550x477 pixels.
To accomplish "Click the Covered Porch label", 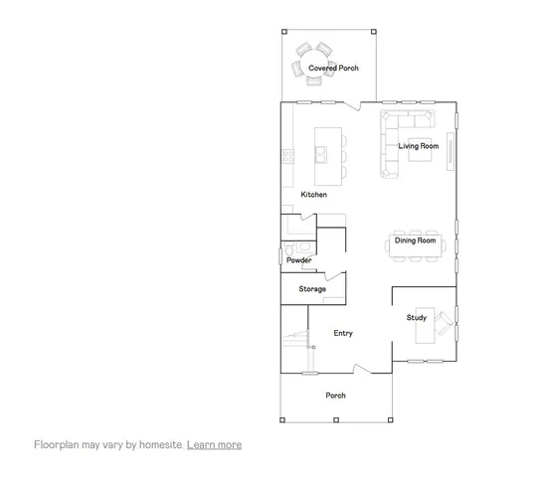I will [332, 68].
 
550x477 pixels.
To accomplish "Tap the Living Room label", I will [419, 146].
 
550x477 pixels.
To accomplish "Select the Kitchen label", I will [314, 195].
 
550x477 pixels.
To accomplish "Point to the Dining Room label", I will [415, 240].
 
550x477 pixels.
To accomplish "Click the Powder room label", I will [299, 260].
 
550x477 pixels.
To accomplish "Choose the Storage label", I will [312, 289].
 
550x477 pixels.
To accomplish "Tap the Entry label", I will [343, 334].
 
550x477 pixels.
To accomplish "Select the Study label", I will [416, 318].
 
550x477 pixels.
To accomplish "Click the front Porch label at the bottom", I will [336, 396].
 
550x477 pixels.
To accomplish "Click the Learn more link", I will [214, 445].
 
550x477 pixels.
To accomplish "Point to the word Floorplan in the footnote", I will [58, 445].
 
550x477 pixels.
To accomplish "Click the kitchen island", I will [327, 152].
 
